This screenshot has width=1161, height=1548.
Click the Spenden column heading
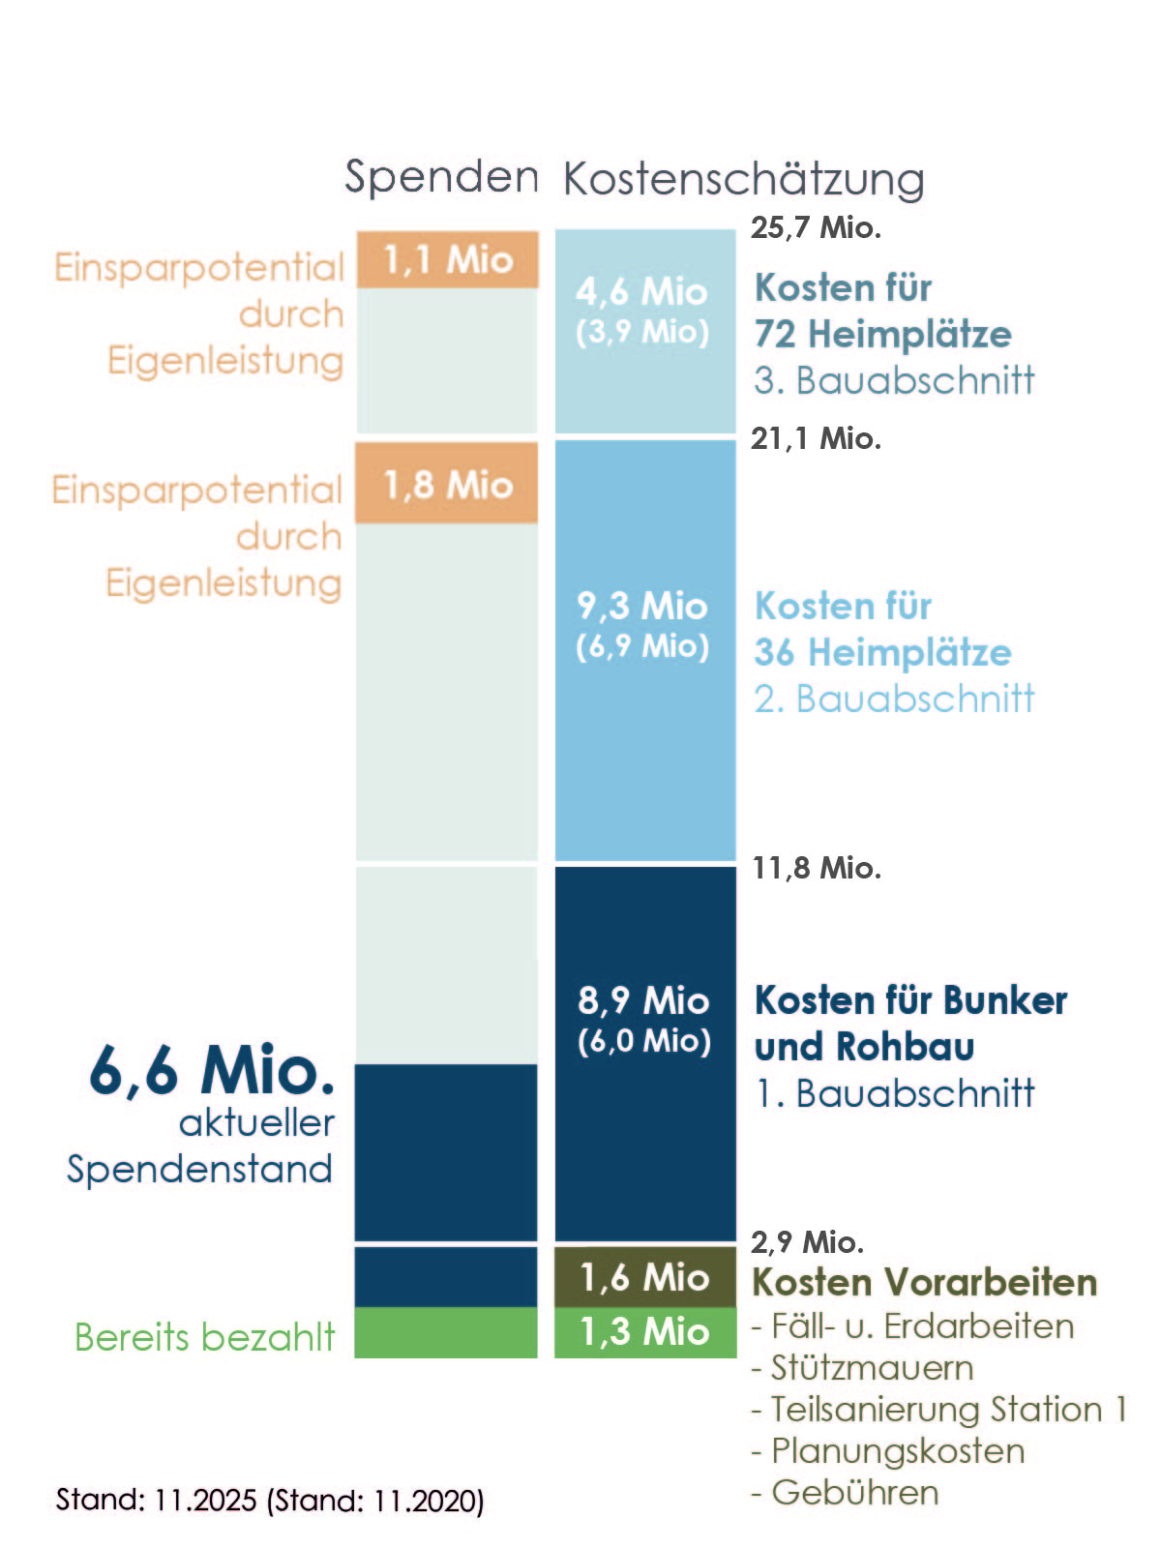click(x=441, y=177)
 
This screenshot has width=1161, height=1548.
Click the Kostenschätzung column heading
click(x=743, y=179)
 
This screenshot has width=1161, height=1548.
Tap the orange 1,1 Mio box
click(x=447, y=259)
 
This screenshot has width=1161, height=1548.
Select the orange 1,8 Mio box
click(x=447, y=484)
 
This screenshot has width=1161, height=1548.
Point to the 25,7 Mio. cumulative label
click(x=816, y=228)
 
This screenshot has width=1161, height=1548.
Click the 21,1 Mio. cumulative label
click(x=816, y=439)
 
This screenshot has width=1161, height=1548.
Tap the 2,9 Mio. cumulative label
click(x=807, y=1241)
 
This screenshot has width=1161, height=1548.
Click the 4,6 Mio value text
click(x=642, y=291)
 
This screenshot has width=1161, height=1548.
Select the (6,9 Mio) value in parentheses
click(x=642, y=646)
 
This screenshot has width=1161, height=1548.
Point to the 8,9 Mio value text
click(x=644, y=1000)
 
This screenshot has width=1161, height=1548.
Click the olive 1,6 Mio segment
click(x=644, y=1278)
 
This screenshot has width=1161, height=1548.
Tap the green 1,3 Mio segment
click(x=644, y=1332)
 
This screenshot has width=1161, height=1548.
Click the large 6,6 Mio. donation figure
click(x=212, y=1070)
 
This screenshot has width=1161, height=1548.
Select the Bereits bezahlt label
click(x=204, y=1337)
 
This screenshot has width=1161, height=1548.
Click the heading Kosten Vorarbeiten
click(x=925, y=1282)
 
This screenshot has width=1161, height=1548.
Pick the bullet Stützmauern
click(x=871, y=1367)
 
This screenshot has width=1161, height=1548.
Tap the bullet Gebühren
click(x=854, y=1492)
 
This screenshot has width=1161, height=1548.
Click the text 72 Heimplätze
click(x=882, y=334)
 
